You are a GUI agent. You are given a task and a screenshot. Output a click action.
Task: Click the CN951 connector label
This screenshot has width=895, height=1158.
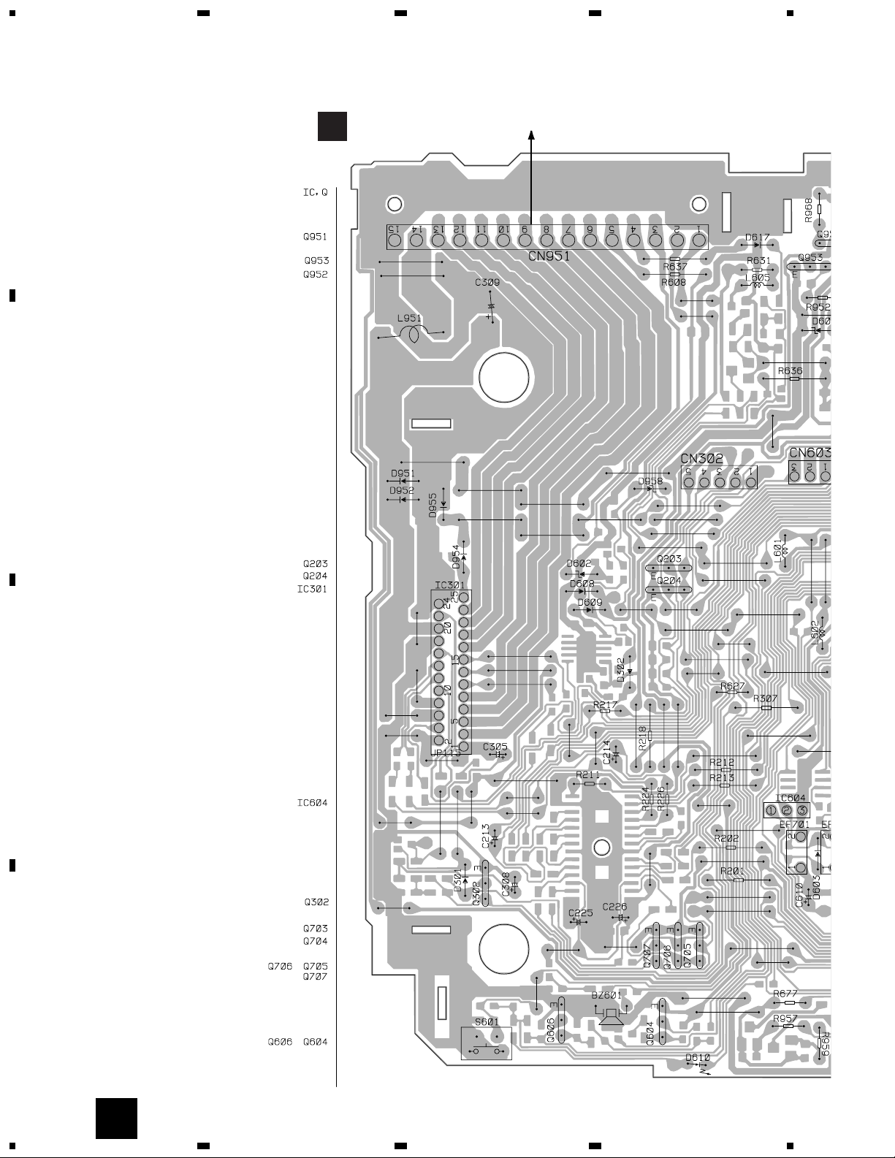pyautogui.click(x=549, y=256)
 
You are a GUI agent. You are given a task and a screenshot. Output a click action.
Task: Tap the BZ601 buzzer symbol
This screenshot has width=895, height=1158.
pyautogui.click(x=609, y=1016)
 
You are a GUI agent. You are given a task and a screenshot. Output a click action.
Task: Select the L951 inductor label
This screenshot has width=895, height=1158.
pyautogui.click(x=409, y=319)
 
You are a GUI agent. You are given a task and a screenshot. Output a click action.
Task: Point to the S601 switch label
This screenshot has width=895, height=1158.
pyautogui.click(x=487, y=1022)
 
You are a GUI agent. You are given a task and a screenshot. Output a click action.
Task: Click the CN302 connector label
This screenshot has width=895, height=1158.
pyautogui.click(x=701, y=459)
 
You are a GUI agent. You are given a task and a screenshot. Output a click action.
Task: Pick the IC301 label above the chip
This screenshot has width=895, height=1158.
pyautogui.click(x=449, y=585)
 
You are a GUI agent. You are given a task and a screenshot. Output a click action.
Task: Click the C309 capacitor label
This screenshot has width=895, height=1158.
pyautogui.click(x=487, y=282)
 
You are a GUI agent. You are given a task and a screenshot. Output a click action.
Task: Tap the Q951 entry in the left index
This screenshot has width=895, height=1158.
pyautogui.click(x=316, y=237)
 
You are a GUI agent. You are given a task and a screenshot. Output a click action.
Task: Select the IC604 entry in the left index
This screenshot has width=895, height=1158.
pyautogui.click(x=312, y=803)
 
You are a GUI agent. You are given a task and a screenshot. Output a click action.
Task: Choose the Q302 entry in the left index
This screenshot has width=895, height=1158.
pyautogui.click(x=316, y=902)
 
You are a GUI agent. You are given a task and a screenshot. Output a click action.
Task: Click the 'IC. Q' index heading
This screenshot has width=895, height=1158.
pyautogui.click(x=315, y=193)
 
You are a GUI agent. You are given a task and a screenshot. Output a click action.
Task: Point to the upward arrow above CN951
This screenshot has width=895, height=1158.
pyautogui.click(x=531, y=137)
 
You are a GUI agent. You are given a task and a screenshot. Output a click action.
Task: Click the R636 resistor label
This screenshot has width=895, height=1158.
pyautogui.click(x=790, y=371)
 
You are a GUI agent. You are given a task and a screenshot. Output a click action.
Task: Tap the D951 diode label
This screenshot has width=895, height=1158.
pyautogui.click(x=403, y=473)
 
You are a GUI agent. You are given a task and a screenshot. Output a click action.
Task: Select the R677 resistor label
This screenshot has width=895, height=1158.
pyautogui.click(x=785, y=994)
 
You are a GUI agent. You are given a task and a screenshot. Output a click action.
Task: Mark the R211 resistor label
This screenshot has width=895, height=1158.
pyautogui.click(x=587, y=774)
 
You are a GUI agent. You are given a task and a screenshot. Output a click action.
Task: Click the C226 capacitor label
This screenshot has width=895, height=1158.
pyautogui.click(x=614, y=907)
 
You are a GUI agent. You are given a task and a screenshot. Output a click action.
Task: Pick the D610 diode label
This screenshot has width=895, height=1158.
pyautogui.click(x=698, y=1057)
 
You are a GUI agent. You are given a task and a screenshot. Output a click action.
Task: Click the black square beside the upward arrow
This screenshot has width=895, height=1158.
pyautogui.click(x=332, y=126)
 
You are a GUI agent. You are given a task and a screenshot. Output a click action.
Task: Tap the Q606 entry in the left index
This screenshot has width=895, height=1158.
pyautogui.click(x=280, y=1043)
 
